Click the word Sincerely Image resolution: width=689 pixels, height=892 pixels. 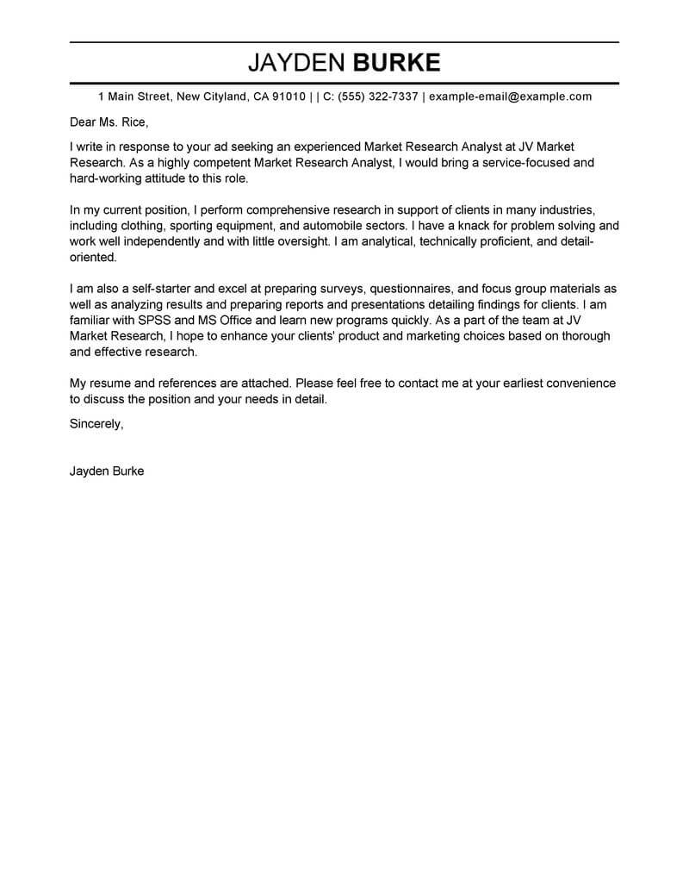coord(96,423)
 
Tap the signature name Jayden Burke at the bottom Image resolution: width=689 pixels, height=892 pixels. coord(107,471)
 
